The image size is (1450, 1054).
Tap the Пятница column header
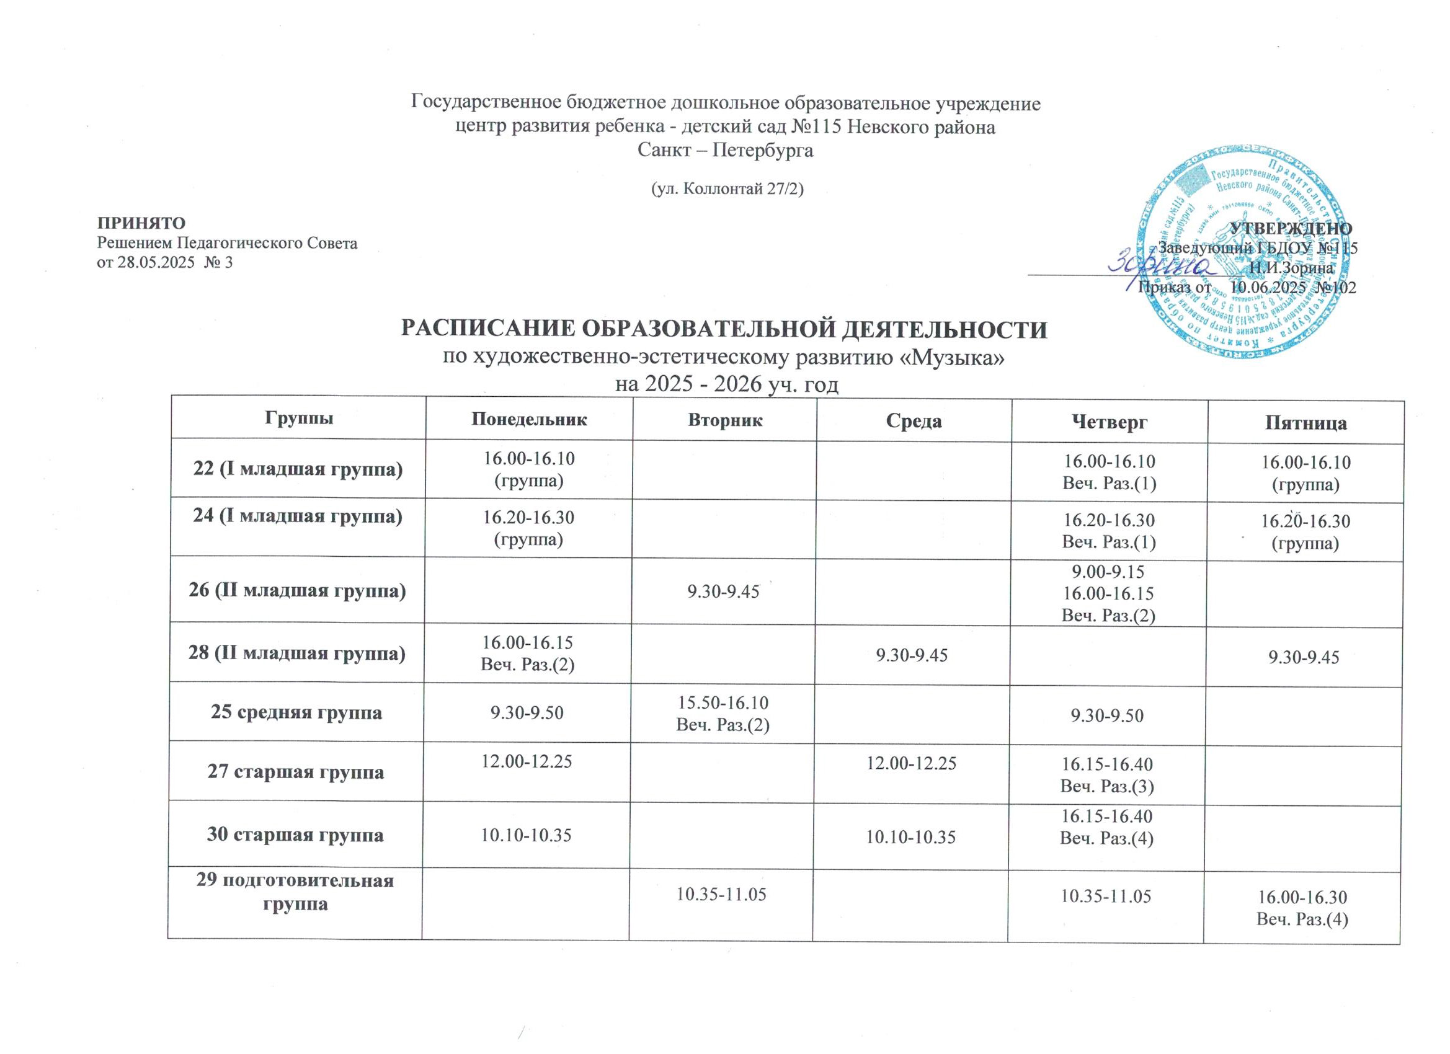(1305, 422)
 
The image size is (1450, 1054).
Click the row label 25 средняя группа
(296, 712)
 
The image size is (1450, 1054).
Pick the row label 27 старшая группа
(296, 771)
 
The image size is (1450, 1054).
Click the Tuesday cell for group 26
(723, 592)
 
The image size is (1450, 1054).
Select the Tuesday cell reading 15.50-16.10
(723, 704)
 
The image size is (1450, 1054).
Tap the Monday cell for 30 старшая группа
(527, 835)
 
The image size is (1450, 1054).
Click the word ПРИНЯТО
(141, 223)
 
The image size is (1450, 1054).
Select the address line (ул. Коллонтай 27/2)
(724, 188)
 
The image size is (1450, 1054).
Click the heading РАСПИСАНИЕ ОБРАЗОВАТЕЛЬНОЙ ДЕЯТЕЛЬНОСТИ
(724, 330)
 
